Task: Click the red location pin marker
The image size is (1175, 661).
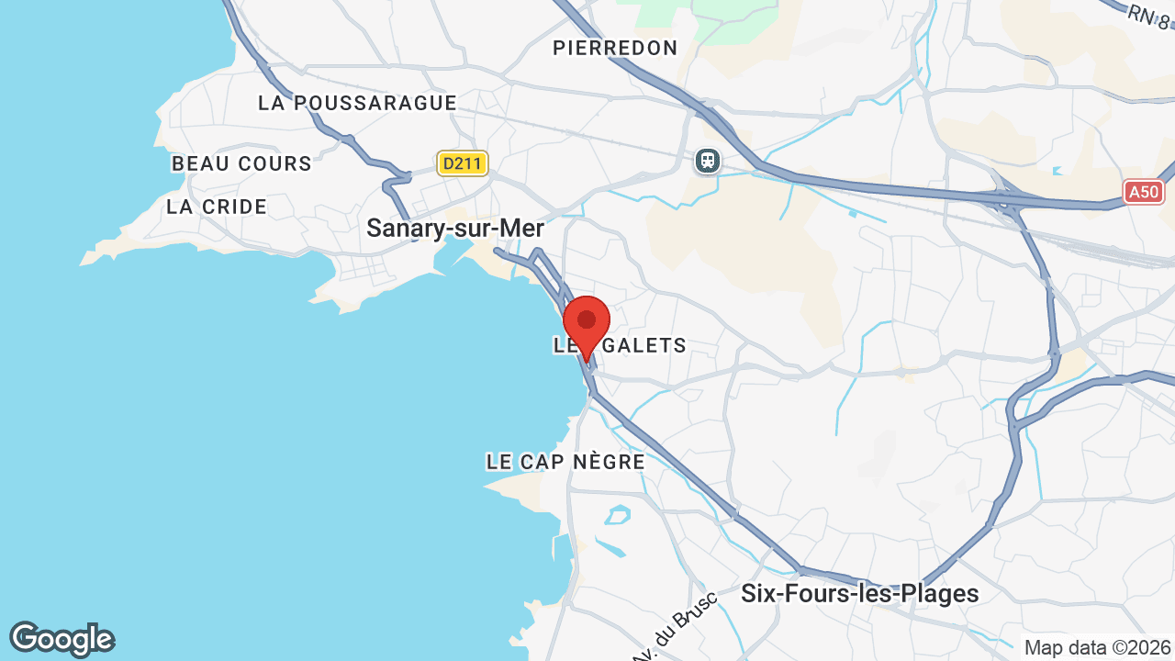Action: click(x=587, y=323)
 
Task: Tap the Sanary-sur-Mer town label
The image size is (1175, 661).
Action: click(x=455, y=229)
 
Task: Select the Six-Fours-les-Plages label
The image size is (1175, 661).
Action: click(x=860, y=594)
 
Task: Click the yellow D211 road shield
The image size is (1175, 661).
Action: click(x=463, y=164)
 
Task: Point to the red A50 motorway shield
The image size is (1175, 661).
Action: click(x=1144, y=192)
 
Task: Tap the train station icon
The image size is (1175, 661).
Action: click(x=708, y=161)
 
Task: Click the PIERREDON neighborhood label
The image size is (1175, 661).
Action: click(x=615, y=48)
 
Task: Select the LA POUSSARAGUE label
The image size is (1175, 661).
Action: click(x=357, y=103)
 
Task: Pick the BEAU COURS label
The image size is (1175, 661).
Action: click(x=241, y=163)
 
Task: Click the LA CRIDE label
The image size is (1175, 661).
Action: click(x=217, y=207)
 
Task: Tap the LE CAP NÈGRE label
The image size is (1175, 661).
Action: click(x=565, y=462)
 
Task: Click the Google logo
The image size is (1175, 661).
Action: click(x=62, y=639)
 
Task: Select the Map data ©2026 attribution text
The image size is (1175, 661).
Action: click(x=1096, y=647)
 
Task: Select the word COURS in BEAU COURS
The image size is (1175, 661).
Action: click(x=274, y=163)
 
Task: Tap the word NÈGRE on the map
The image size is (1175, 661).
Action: click(x=609, y=462)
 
